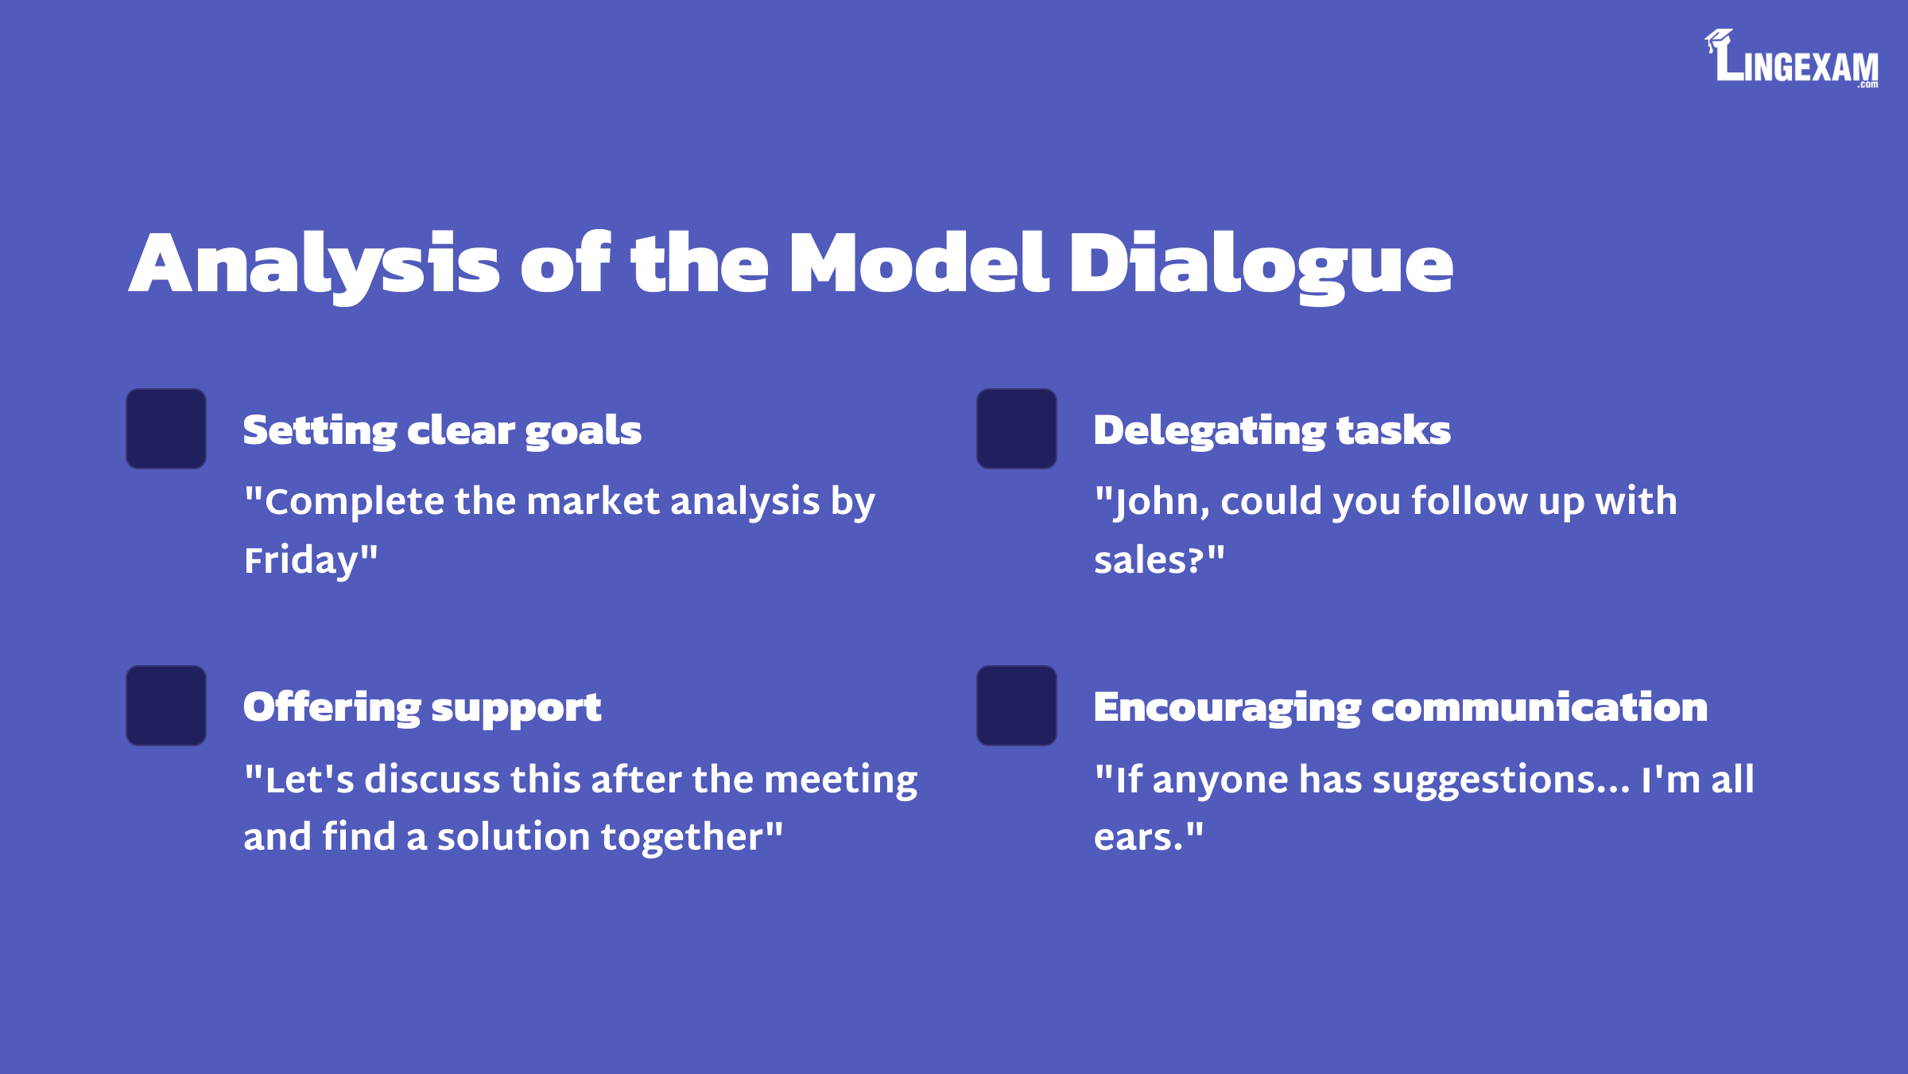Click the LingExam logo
tap(1791, 58)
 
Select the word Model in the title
tap(919, 263)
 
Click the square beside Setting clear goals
tap(166, 429)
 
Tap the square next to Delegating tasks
tap(1017, 429)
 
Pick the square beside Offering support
tap(166, 706)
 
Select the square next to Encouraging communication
tap(1017, 706)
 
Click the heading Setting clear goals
tap(442, 431)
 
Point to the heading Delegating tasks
tap(1272, 431)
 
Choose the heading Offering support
tap(422, 708)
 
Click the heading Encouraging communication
tap(1401, 708)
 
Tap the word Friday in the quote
tap(302, 561)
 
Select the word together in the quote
tap(682, 838)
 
